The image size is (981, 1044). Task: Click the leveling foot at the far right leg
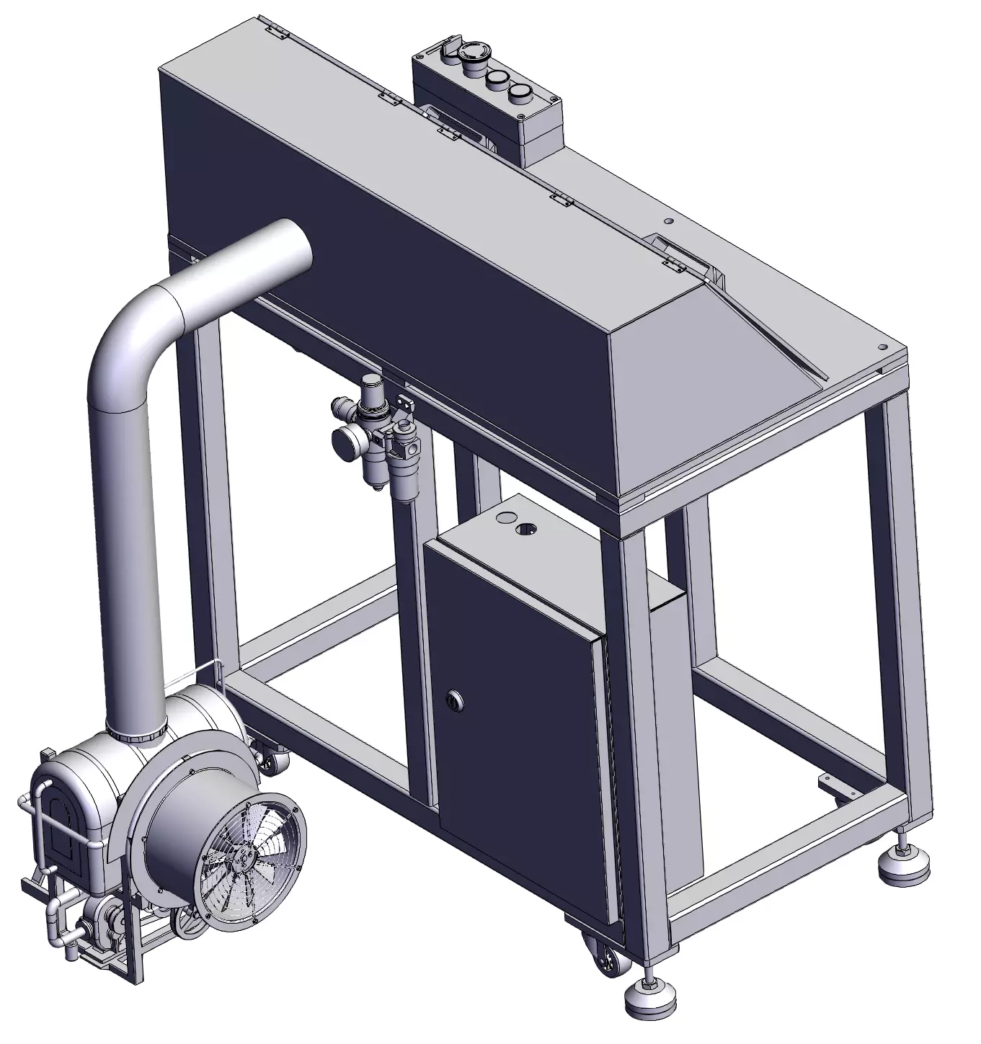pos(902,861)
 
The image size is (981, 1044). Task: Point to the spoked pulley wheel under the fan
pos(189,924)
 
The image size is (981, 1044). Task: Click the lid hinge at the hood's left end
pos(277,31)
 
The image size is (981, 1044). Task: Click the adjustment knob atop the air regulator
pos(372,383)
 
